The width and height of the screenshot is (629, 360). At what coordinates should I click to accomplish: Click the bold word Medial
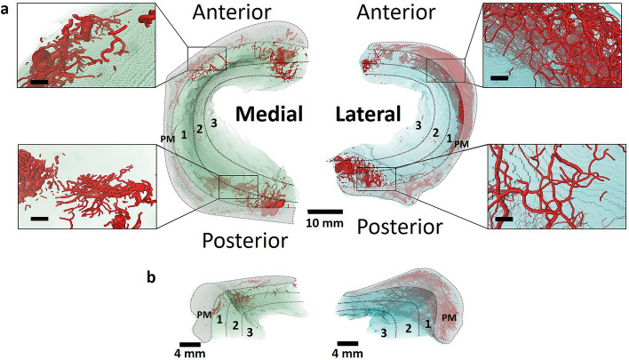pos(270,114)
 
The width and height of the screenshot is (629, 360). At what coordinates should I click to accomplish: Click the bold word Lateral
pos(368,114)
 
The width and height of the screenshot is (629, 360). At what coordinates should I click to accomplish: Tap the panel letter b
pos(153,276)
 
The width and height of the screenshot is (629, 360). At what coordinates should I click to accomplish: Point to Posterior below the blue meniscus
pos(399,228)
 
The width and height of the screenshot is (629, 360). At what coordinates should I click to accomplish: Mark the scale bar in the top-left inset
pos(40,83)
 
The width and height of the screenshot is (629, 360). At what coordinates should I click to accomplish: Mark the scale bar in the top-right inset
pos(499,79)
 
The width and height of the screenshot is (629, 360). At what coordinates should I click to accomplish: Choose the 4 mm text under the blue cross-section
pos(348,354)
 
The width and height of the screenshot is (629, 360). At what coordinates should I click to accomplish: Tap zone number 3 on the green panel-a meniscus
pos(212,122)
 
